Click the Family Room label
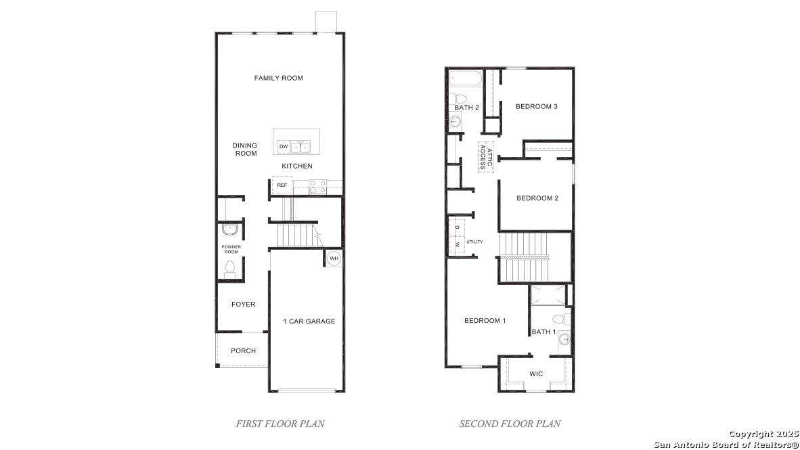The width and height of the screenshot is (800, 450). [279, 78]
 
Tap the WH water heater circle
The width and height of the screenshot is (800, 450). [334, 258]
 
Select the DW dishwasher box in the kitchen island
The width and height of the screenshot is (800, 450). [283, 146]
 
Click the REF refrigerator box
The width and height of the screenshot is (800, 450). [282, 185]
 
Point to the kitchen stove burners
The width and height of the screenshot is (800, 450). [318, 187]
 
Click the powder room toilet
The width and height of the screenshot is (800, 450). [230, 270]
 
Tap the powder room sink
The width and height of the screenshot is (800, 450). [230, 229]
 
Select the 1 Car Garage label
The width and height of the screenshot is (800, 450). [309, 321]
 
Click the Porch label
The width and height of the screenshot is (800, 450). [244, 351]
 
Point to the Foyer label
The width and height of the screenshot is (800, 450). [244, 304]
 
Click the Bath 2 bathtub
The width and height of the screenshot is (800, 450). [465, 78]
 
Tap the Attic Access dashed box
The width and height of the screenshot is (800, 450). [486, 158]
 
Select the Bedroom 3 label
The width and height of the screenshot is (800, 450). [537, 107]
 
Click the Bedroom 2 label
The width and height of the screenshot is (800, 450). [537, 198]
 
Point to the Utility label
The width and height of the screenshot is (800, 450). [474, 242]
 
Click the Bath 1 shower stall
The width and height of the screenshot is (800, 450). [548, 296]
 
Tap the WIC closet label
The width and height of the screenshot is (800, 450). [536, 374]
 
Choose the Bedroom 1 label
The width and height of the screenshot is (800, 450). [485, 321]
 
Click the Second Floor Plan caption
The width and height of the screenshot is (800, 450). [510, 424]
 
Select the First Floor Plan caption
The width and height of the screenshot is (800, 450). [280, 424]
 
